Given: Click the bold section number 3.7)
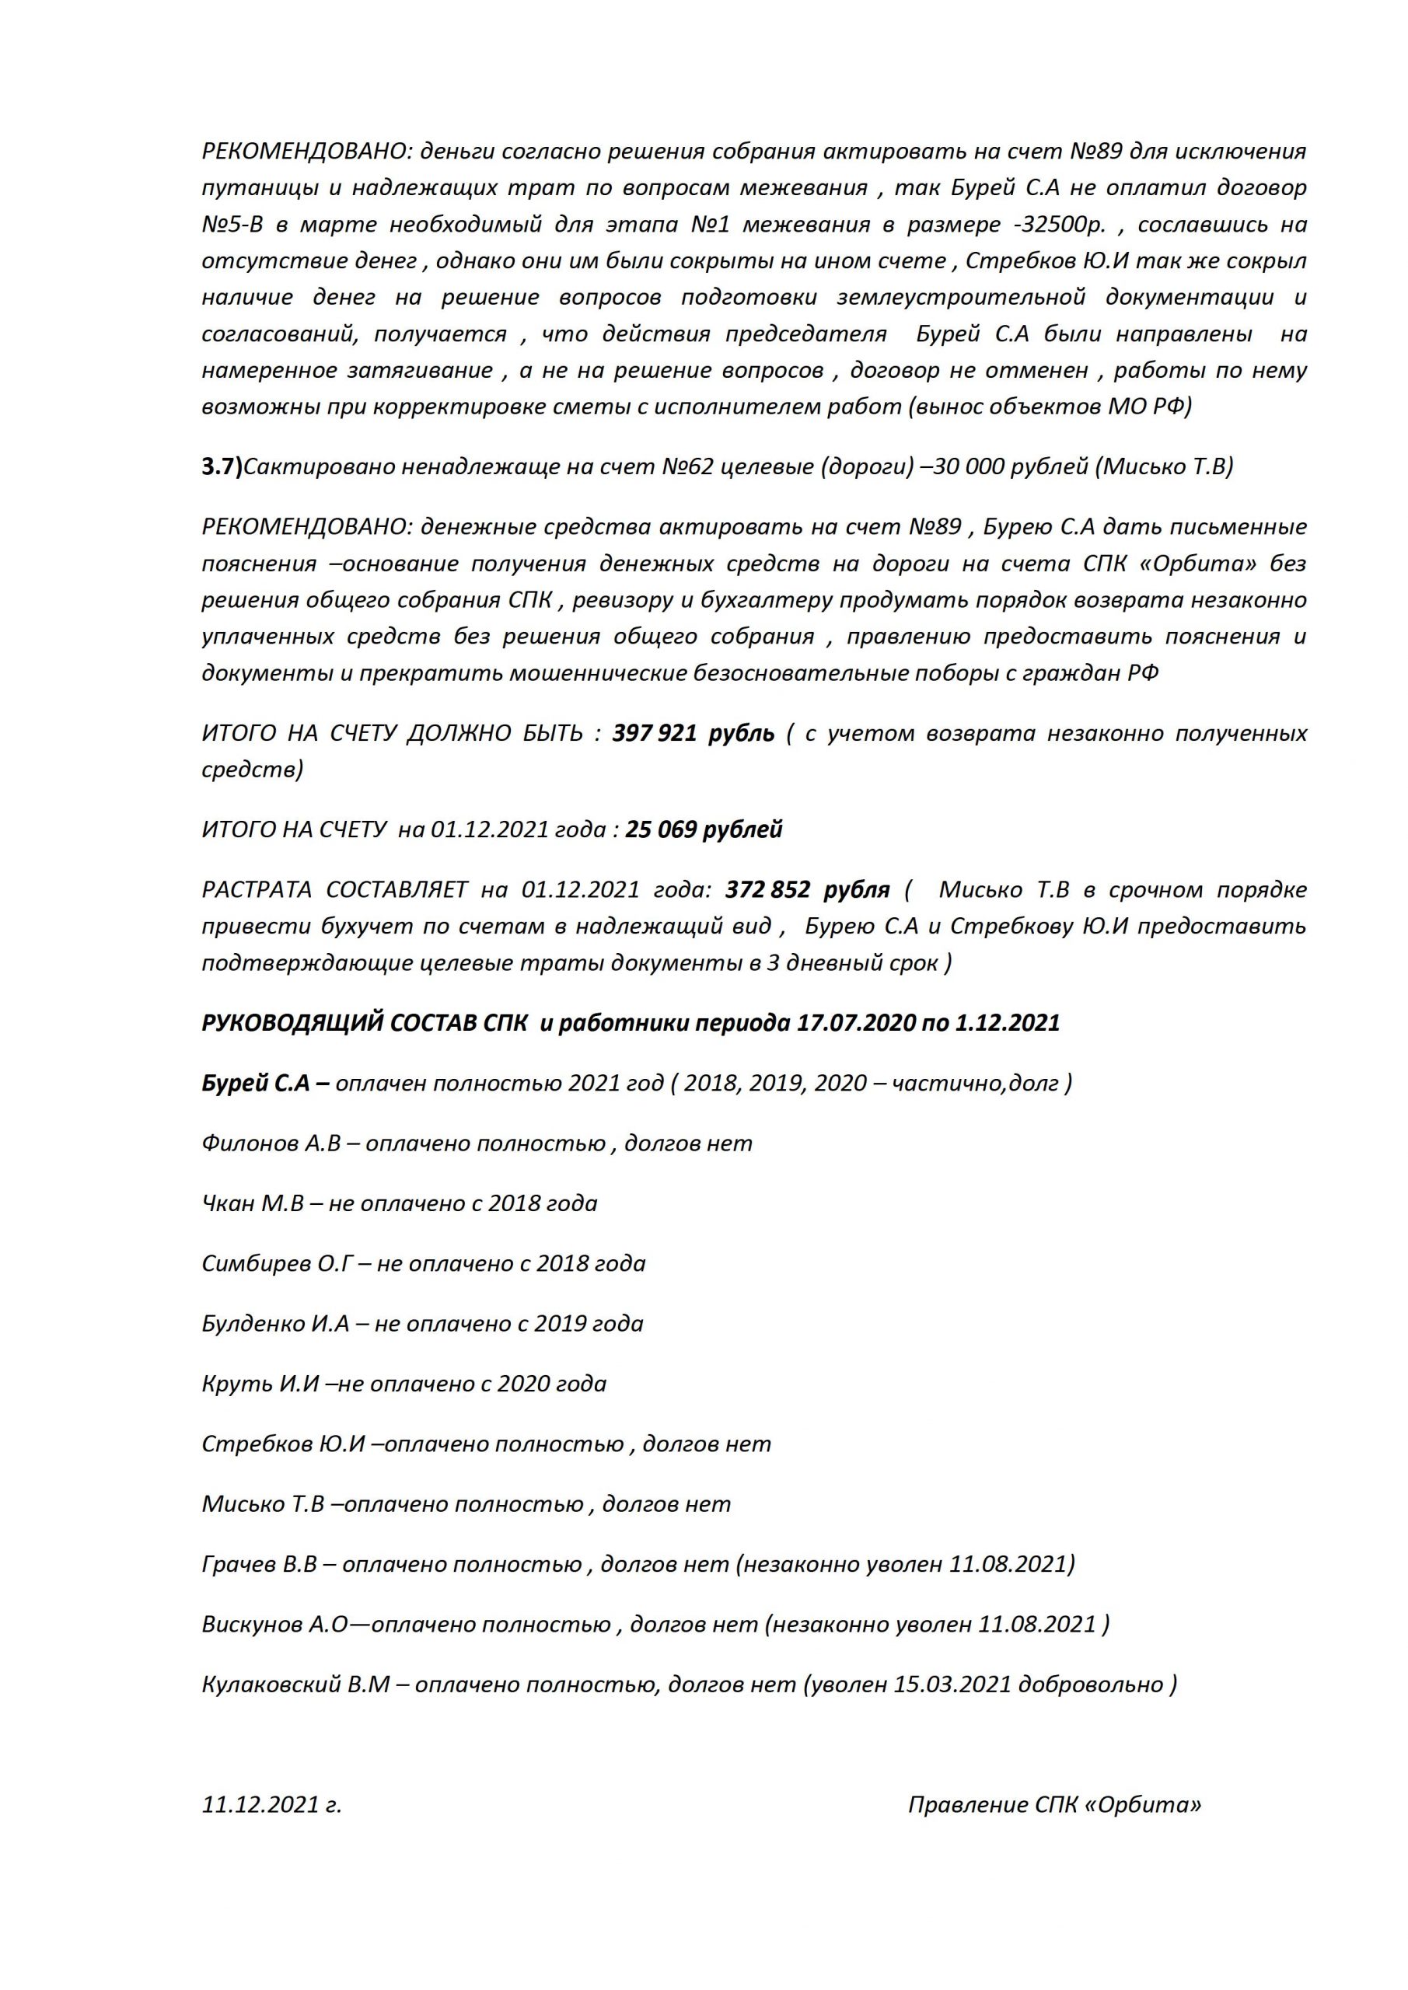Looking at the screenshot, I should coord(222,467).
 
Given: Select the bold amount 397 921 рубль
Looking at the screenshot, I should coord(693,733).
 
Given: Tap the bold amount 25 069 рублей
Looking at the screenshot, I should coord(704,829).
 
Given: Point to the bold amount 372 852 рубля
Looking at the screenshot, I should coord(807,890).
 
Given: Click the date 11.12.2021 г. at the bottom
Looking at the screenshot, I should coord(271,1806).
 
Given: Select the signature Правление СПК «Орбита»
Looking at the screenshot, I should coord(1054,1806).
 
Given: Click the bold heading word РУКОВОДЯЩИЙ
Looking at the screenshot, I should coord(291,1023).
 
